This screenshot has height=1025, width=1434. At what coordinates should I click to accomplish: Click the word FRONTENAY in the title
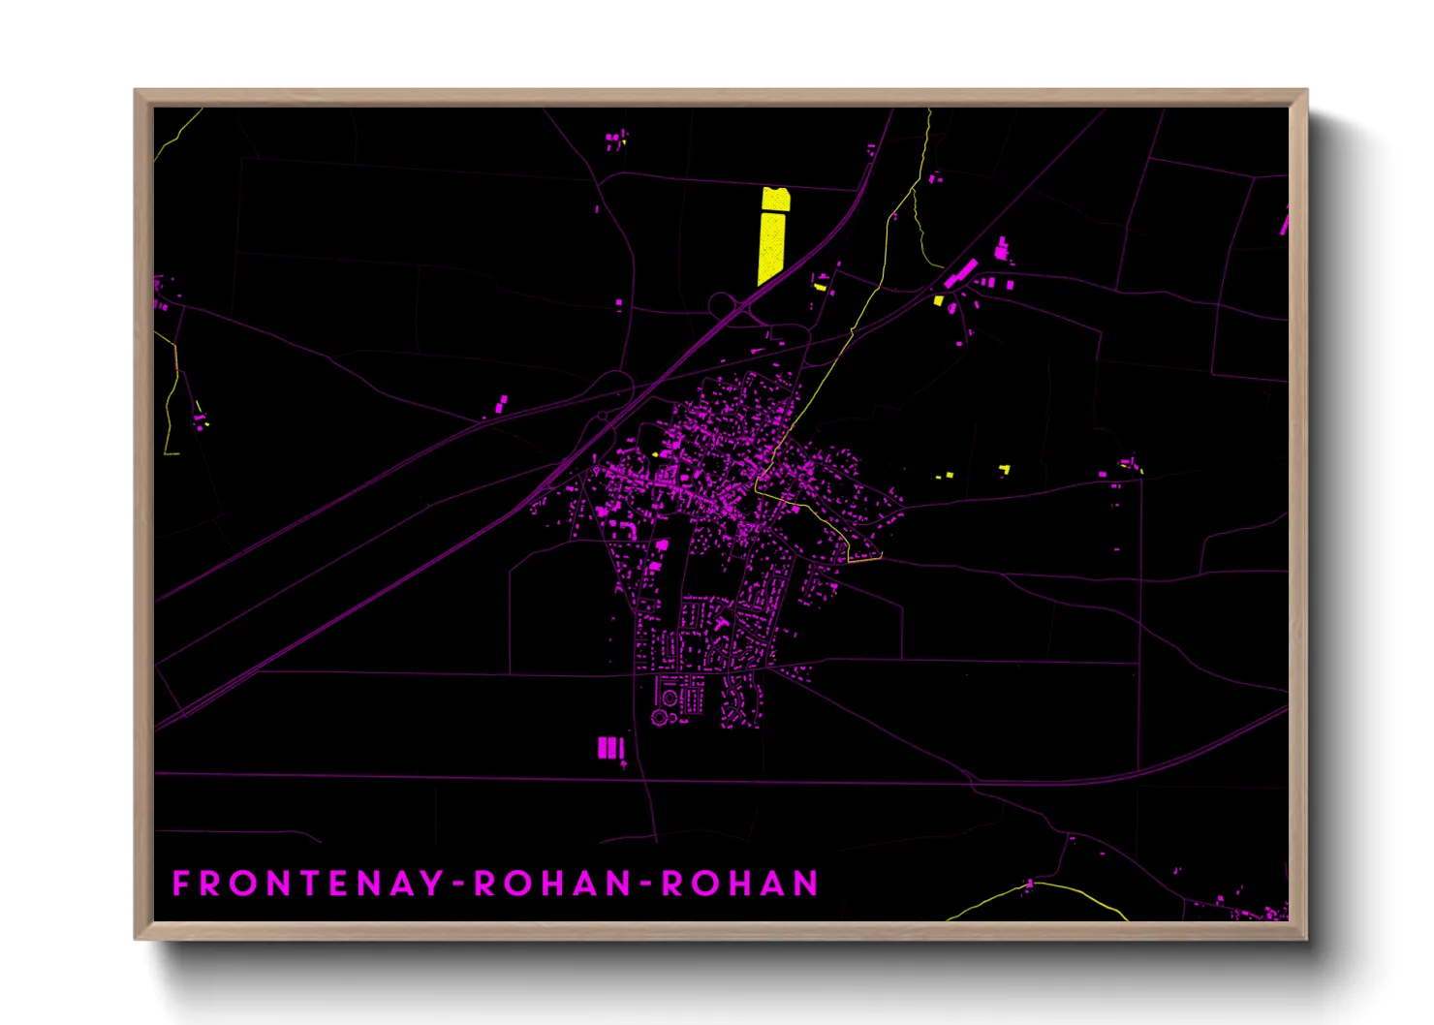(x=308, y=884)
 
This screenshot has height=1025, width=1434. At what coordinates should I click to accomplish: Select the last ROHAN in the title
(x=740, y=884)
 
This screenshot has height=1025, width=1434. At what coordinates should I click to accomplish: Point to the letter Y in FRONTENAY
(x=432, y=884)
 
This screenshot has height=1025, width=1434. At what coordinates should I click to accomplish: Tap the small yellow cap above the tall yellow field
(x=776, y=200)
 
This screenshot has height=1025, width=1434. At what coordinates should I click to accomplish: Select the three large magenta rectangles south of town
(x=609, y=748)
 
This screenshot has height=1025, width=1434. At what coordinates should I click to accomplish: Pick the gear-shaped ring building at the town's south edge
(x=660, y=718)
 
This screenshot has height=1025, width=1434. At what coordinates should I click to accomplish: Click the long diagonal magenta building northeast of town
(x=960, y=272)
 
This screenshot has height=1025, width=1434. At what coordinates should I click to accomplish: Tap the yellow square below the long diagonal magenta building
(x=938, y=300)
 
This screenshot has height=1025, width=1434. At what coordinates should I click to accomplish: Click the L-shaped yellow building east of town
(x=1005, y=470)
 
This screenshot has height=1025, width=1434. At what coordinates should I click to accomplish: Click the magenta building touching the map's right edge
(x=1285, y=222)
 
